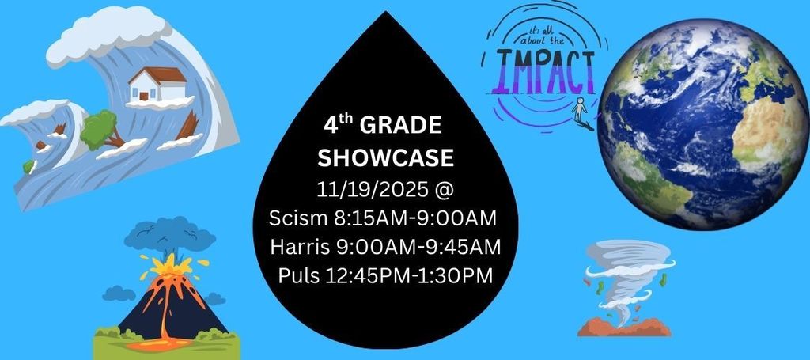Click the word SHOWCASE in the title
[x=385, y=158]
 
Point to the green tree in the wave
[x=100, y=127]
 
